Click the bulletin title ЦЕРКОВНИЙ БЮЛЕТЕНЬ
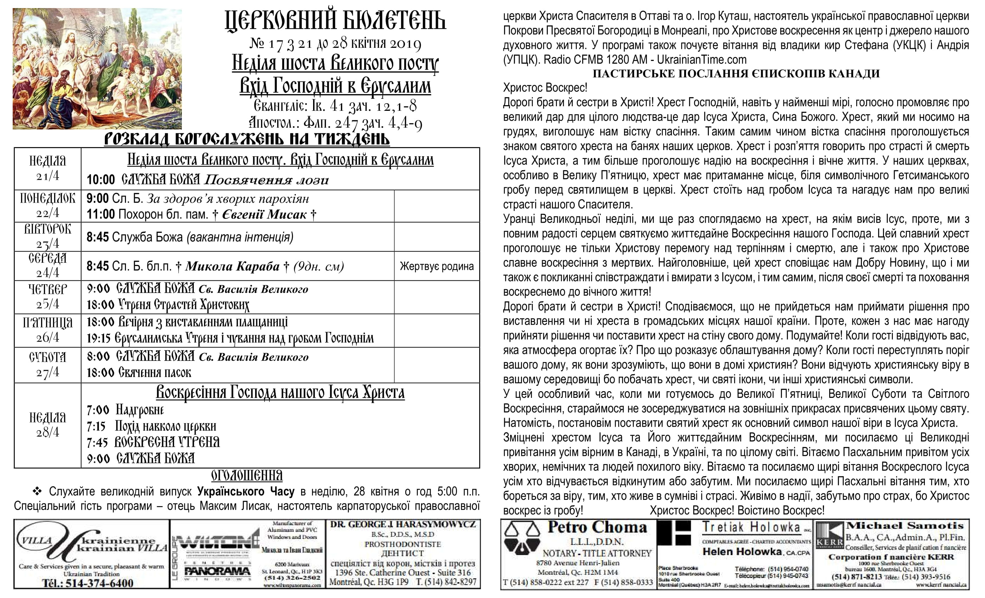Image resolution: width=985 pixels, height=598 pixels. coord(335,21)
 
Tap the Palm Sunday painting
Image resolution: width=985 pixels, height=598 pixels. coord(97,69)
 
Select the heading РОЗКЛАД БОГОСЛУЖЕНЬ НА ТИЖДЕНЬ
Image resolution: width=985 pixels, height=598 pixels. coord(247,139)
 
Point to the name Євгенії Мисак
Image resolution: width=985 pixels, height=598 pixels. coord(264,215)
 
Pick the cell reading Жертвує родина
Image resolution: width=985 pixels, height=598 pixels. coord(437,266)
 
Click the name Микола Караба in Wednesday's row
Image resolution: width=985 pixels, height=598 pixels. coord(232,266)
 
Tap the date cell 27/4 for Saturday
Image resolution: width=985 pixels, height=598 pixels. coord(47,372)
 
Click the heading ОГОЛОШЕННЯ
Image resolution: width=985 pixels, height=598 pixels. coord(247,476)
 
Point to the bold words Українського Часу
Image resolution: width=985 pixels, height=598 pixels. coord(246,491)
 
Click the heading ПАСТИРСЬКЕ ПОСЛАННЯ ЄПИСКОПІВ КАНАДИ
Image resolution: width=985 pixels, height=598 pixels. coord(736,74)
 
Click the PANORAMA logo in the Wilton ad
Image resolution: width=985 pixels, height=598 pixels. coord(217,572)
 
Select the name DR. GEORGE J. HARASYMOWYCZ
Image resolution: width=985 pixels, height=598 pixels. coord(402,524)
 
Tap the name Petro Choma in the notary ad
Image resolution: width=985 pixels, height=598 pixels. coord(597,527)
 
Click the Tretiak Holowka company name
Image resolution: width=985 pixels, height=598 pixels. coord(751,527)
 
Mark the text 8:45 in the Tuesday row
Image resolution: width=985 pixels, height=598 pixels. coord(97,237)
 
